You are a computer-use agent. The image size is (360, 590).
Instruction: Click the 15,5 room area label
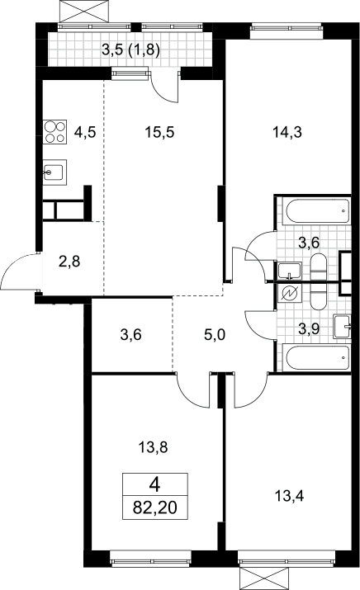(159, 133)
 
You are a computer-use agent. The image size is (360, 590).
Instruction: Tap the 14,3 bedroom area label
(287, 133)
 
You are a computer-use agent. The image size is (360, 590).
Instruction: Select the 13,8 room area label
(153, 447)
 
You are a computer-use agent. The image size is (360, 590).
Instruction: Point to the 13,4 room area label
(289, 496)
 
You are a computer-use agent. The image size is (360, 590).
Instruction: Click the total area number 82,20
(154, 508)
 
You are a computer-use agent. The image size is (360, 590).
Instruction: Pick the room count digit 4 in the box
(154, 484)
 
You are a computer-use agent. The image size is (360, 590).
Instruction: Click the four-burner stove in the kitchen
(55, 132)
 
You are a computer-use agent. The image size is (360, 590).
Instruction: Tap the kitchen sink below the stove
(55, 172)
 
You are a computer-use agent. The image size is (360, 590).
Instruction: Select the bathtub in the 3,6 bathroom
(318, 211)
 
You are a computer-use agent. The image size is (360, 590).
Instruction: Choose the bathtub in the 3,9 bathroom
(318, 358)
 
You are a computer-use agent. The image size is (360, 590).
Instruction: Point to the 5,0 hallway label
(215, 334)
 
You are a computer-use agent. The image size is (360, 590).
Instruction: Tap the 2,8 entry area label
(69, 261)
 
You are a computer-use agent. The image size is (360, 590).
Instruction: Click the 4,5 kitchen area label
(85, 133)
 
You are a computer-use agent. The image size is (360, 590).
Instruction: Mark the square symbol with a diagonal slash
(289, 293)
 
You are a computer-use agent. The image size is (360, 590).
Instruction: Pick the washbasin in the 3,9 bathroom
(343, 327)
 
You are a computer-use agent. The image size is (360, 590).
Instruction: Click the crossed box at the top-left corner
(87, 11)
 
